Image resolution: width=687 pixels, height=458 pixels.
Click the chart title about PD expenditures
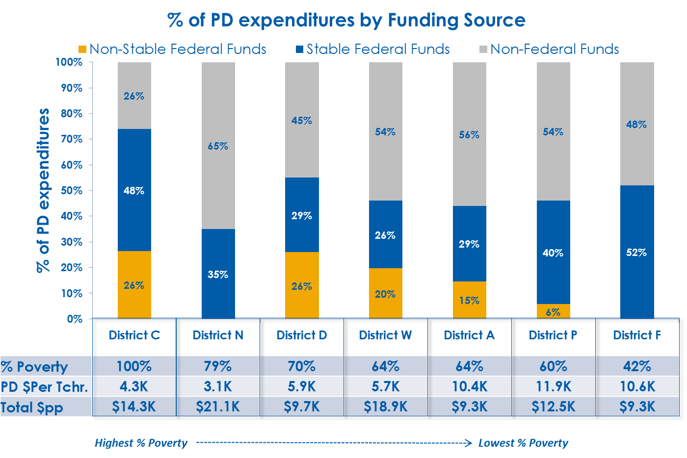pyautogui.click(x=346, y=21)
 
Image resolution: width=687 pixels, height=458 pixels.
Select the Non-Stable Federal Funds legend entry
pyautogui.click(x=172, y=49)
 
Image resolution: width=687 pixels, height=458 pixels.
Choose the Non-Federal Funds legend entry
pyautogui.click(x=549, y=49)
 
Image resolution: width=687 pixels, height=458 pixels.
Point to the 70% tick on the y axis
pyautogui.click(x=71, y=139)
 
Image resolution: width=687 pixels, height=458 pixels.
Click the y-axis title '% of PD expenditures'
pyautogui.click(x=43, y=190)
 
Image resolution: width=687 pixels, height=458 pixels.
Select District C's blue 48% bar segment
pyautogui.click(x=134, y=190)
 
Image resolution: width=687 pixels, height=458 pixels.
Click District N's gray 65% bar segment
pyautogui.click(x=218, y=146)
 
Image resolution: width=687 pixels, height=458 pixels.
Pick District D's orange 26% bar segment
pyautogui.click(x=302, y=285)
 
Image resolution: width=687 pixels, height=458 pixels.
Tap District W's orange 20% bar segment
pyautogui.click(x=385, y=294)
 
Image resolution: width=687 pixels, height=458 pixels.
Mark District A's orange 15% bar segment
pyautogui.click(x=469, y=300)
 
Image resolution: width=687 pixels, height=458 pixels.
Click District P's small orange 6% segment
pyautogui.click(x=553, y=311)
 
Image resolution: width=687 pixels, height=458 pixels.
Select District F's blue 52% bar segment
pyautogui.click(x=636, y=252)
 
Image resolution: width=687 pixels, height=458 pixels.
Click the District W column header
pyautogui.click(x=385, y=335)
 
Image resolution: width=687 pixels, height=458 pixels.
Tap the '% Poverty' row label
pyautogui.click(x=34, y=367)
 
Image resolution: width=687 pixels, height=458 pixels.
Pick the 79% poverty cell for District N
pyautogui.click(x=218, y=366)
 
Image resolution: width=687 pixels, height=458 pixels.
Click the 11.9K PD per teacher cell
pyautogui.click(x=553, y=386)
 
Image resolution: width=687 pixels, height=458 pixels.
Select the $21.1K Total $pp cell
pyautogui.click(x=218, y=407)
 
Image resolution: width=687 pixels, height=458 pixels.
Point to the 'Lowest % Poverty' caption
pyautogui.click(x=523, y=443)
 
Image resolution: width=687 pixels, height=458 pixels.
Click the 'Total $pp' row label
pyautogui.click(x=32, y=407)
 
